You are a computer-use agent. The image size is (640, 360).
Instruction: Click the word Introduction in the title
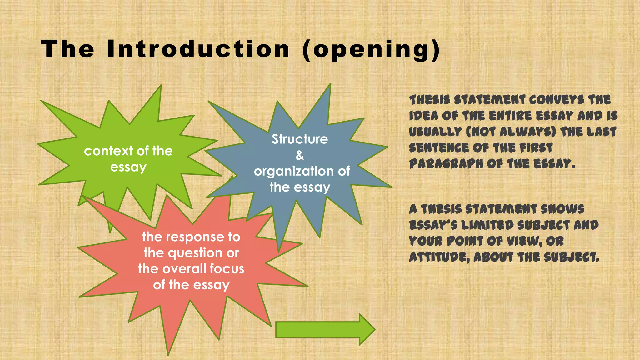[x=198, y=49]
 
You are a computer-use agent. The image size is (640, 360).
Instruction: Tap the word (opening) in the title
[x=371, y=50]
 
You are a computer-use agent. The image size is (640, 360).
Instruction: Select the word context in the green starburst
[x=108, y=151]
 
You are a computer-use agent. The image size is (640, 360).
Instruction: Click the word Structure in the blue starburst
[x=300, y=139]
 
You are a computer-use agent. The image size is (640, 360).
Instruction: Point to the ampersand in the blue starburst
[x=300, y=155]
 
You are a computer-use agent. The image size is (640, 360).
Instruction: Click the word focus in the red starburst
[x=227, y=269]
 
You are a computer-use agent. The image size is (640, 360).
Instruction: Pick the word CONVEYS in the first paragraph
[x=557, y=100]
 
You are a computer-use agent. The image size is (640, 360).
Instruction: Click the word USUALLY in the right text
[x=435, y=132]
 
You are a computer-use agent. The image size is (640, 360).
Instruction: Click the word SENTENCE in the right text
[x=439, y=148]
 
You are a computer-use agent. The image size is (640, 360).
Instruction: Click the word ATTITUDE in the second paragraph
[x=439, y=257]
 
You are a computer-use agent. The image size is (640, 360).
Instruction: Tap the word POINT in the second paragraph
[x=464, y=241]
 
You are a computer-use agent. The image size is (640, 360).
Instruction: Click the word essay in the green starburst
[x=128, y=167]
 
